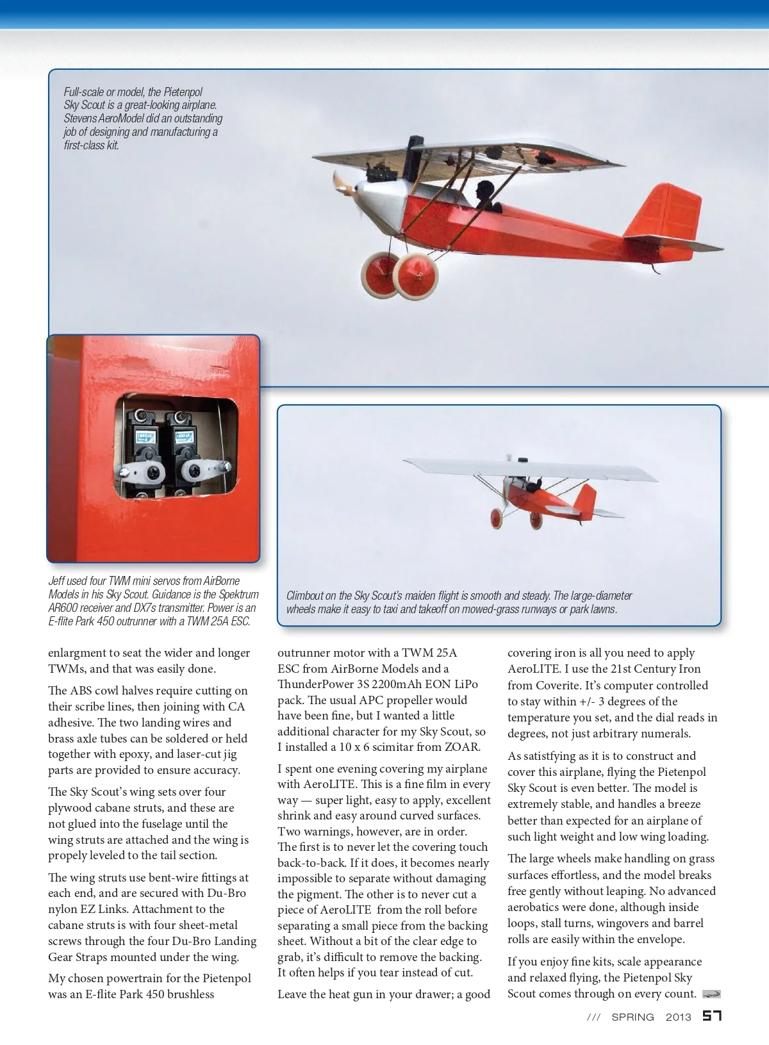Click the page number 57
point(712,1016)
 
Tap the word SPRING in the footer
point(633,1017)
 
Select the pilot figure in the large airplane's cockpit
point(484,195)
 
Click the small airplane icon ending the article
point(711,994)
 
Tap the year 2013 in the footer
point(679,1017)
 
